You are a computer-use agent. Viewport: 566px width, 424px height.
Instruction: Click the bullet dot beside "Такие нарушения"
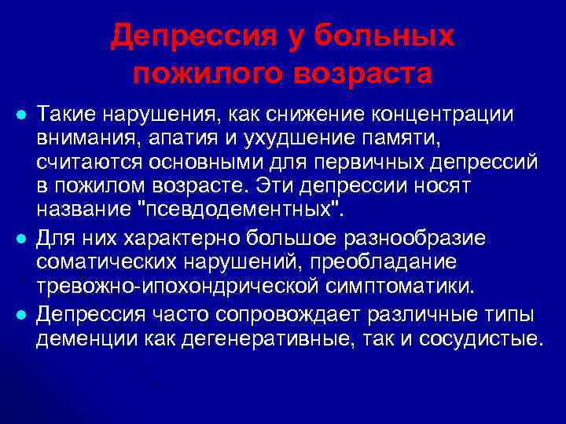pyautogui.click(x=20, y=115)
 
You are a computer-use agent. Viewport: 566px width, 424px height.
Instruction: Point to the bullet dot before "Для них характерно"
pyautogui.click(x=20, y=238)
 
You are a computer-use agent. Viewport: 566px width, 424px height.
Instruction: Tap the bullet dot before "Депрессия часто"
pyautogui.click(x=20, y=315)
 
